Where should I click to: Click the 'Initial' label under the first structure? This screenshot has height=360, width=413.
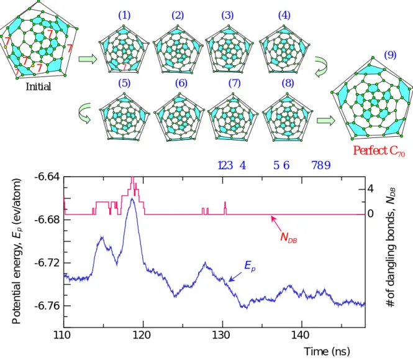(39, 86)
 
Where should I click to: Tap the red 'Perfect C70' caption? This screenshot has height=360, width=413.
(379, 151)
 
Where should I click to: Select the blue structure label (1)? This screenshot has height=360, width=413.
(124, 16)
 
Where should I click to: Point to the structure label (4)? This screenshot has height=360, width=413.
(284, 16)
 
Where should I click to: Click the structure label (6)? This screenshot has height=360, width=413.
(181, 83)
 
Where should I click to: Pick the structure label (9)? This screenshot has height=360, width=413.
(390, 55)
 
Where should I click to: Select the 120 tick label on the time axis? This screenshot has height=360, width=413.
(143, 335)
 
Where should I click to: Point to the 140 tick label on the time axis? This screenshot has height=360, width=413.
(301, 335)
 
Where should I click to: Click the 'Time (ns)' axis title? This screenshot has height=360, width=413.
(327, 351)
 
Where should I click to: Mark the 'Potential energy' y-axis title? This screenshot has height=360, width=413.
(16, 251)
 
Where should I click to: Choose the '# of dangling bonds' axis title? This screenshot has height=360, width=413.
(391, 247)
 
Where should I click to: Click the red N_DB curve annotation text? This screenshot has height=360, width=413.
(289, 237)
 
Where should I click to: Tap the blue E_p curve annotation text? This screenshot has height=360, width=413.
(250, 265)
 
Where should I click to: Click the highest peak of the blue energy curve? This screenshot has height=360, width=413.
(132, 198)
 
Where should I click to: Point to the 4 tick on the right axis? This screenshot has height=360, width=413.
(370, 189)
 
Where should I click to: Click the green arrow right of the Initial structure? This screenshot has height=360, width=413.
(88, 59)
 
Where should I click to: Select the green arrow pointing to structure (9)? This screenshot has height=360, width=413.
(326, 121)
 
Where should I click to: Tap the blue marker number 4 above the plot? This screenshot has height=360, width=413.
(243, 165)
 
